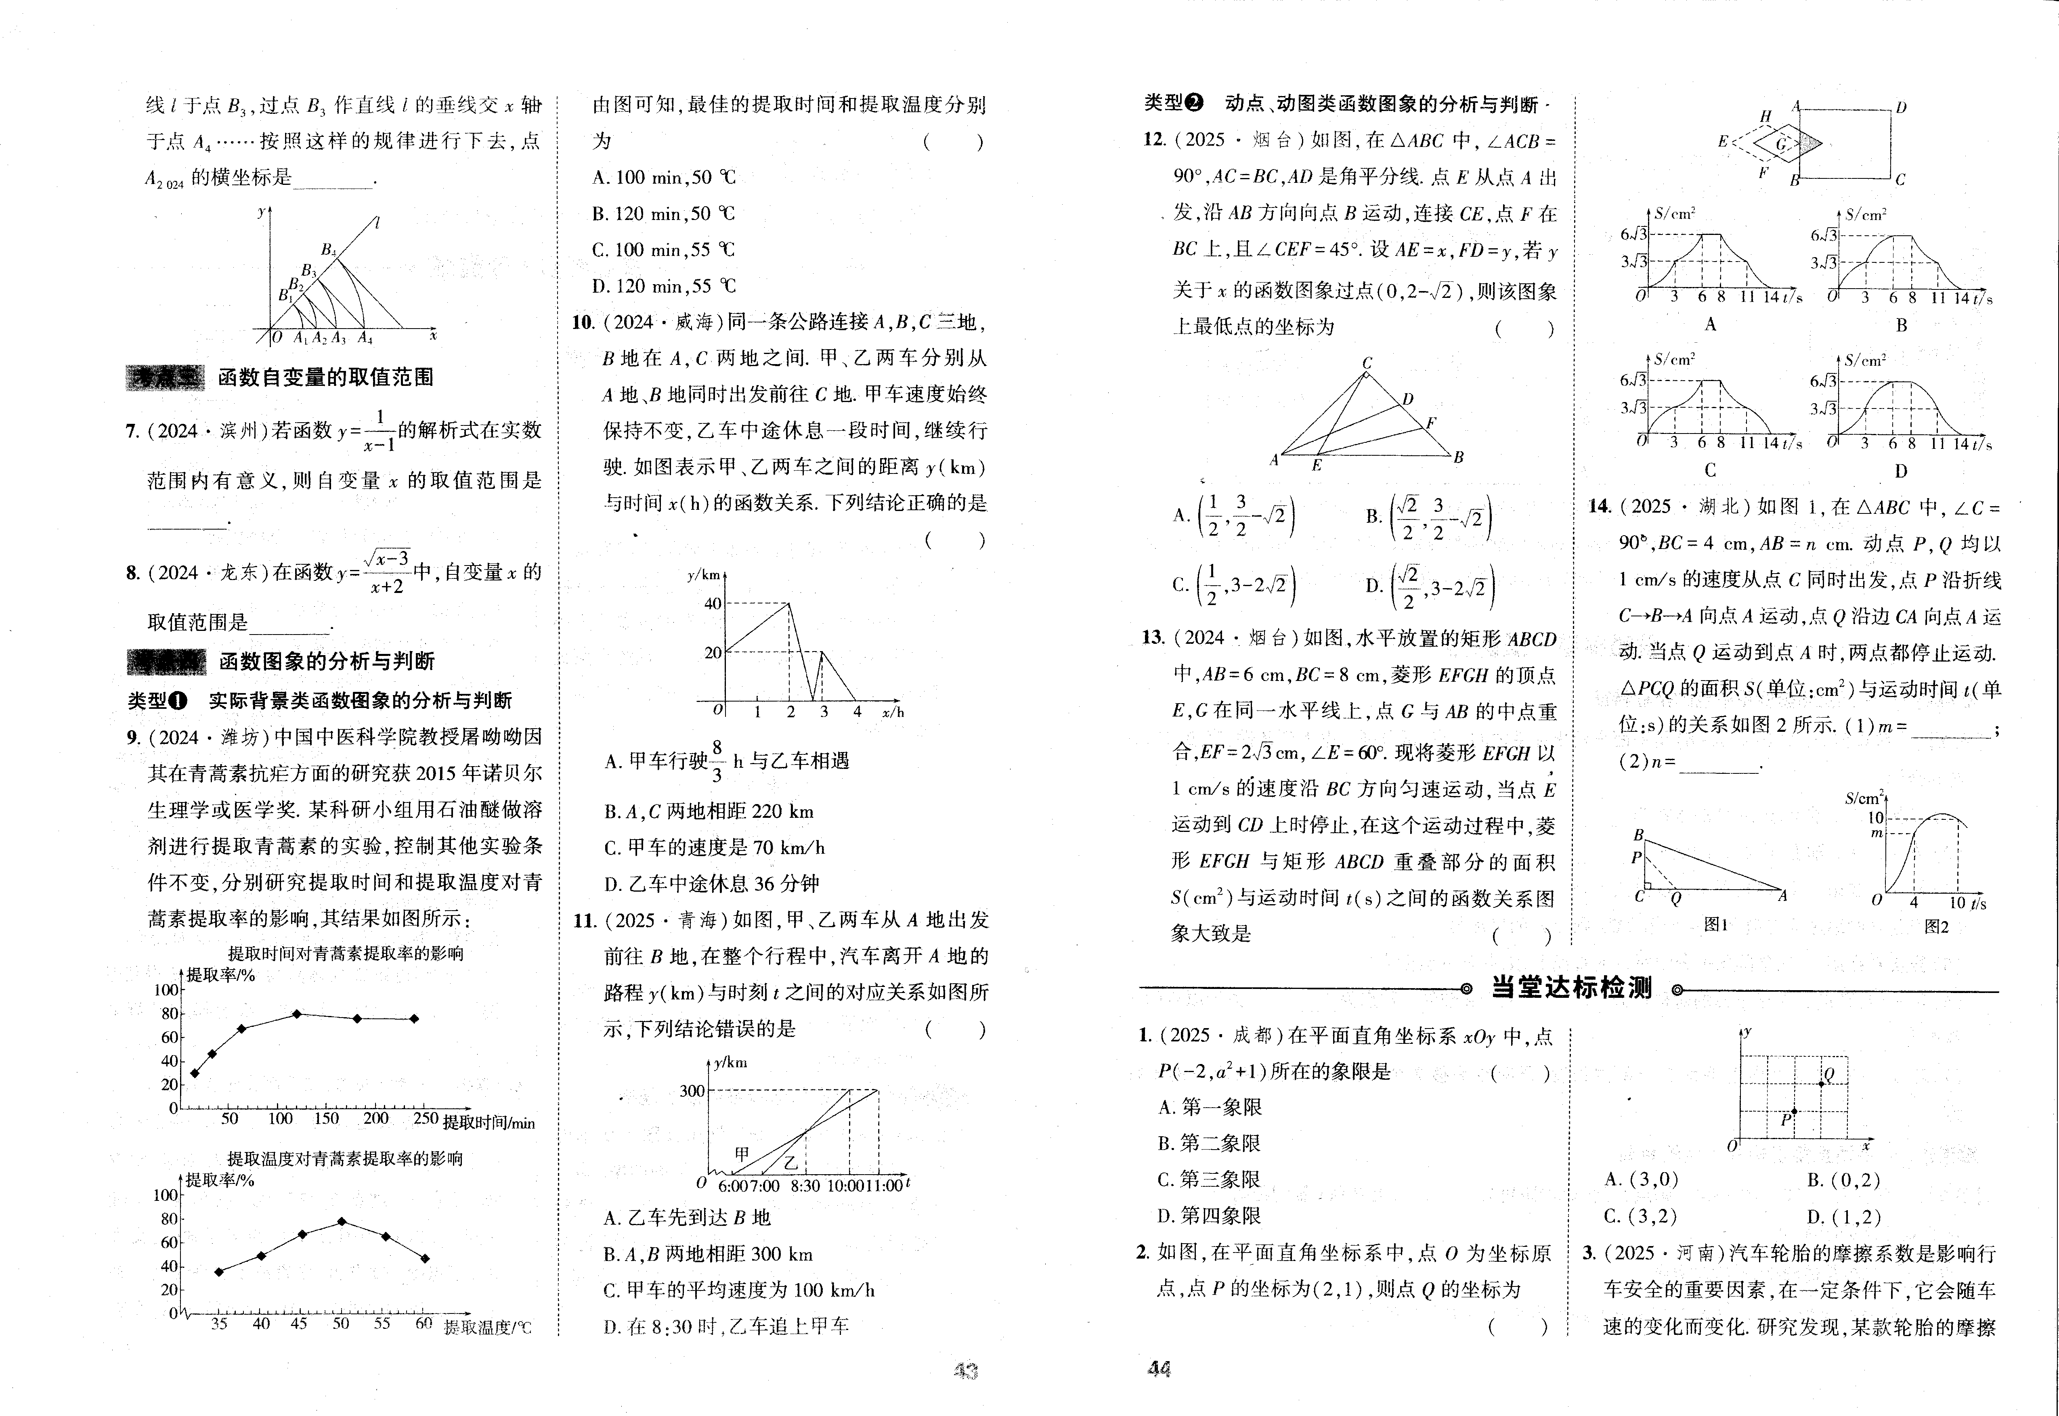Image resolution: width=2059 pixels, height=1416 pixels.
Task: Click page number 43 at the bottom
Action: pos(965,1371)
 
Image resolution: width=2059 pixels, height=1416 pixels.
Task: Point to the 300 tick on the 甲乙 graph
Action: pos(692,1090)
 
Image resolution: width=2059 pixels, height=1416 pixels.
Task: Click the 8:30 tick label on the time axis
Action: pos(805,1186)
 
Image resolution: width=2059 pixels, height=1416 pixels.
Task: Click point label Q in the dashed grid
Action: pos(1828,1075)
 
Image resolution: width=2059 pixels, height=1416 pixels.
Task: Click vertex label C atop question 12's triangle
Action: pos(1367,363)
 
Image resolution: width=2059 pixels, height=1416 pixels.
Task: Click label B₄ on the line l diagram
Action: pos(329,250)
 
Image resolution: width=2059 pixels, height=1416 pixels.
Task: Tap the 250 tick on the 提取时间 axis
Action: pos(426,1119)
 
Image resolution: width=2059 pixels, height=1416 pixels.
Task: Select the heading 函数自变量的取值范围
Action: pos(325,377)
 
